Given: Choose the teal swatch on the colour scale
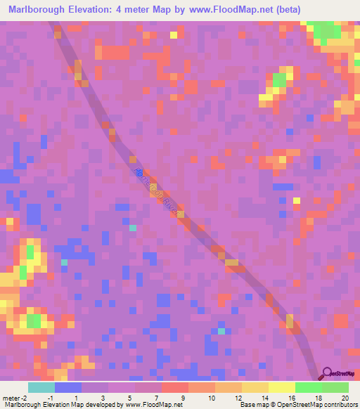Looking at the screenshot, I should (41, 387).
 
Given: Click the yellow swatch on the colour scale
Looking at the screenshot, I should (281, 387).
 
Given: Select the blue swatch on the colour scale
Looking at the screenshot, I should (67, 387).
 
